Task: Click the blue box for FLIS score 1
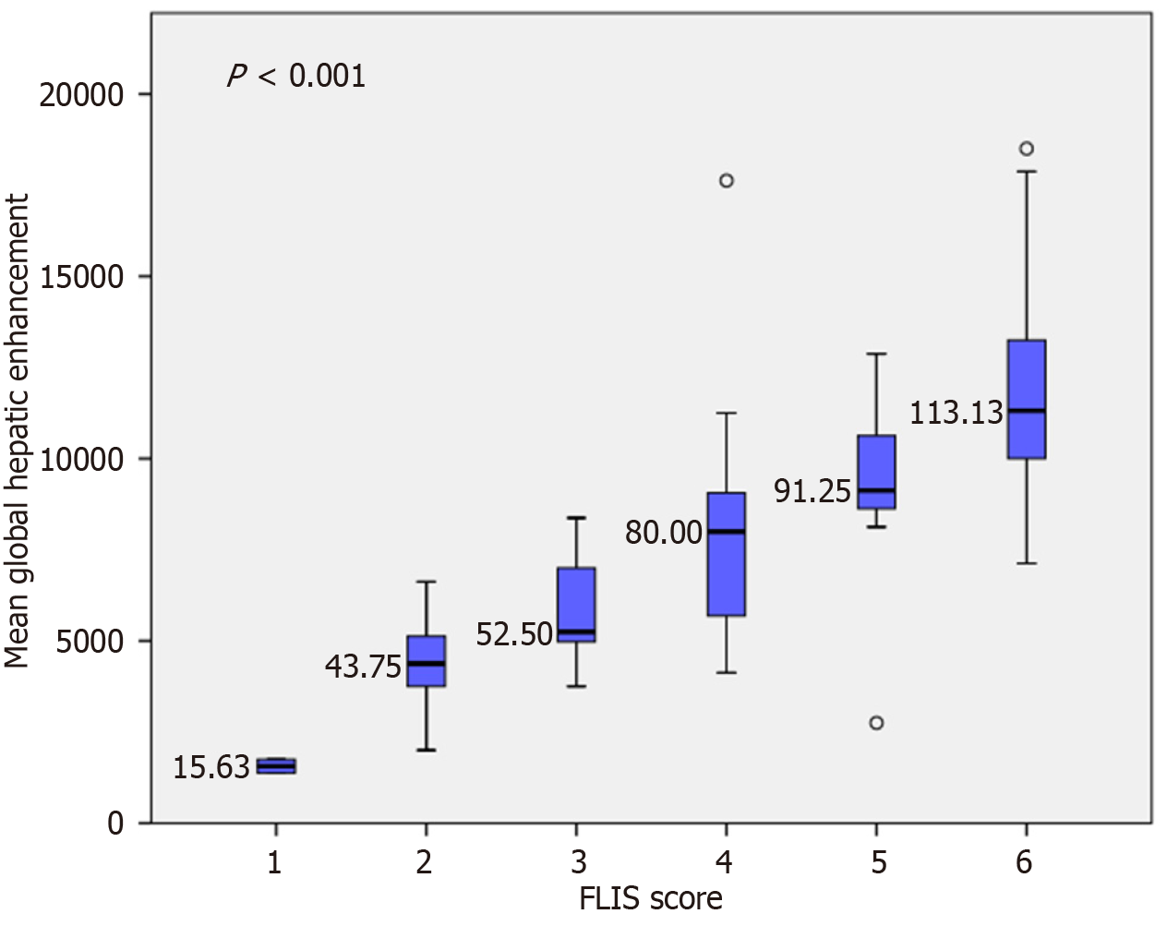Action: click(x=276, y=766)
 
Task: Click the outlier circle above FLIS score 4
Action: click(x=727, y=180)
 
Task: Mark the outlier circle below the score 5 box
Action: click(x=876, y=722)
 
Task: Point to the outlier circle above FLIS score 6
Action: click(x=1026, y=149)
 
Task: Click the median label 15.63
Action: click(x=211, y=766)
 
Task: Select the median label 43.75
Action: click(x=363, y=666)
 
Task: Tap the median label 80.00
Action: click(x=664, y=533)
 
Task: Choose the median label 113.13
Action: click(x=956, y=412)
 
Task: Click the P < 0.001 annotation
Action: click(x=296, y=75)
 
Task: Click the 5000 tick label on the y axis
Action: click(x=90, y=641)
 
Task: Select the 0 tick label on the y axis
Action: click(x=115, y=823)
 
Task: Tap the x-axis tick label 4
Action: click(x=725, y=862)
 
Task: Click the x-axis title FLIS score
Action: click(x=650, y=898)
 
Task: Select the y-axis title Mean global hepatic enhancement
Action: click(x=17, y=430)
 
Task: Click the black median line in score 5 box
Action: click(x=876, y=490)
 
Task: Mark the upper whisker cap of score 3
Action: click(x=576, y=518)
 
